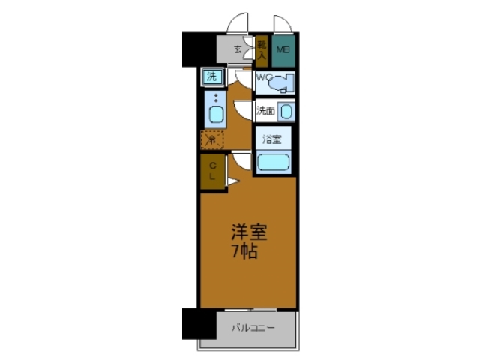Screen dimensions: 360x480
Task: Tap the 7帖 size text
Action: click(x=244, y=251)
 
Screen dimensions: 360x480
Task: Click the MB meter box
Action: click(x=283, y=51)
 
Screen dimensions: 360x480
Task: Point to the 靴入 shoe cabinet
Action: click(x=262, y=51)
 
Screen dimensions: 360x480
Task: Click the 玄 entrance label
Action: click(x=237, y=50)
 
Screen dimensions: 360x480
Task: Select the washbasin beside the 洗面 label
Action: click(x=286, y=112)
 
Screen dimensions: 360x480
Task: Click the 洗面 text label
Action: click(x=265, y=112)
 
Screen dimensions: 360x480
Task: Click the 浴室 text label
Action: click(x=271, y=139)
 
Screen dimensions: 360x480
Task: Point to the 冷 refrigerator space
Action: click(x=212, y=140)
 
